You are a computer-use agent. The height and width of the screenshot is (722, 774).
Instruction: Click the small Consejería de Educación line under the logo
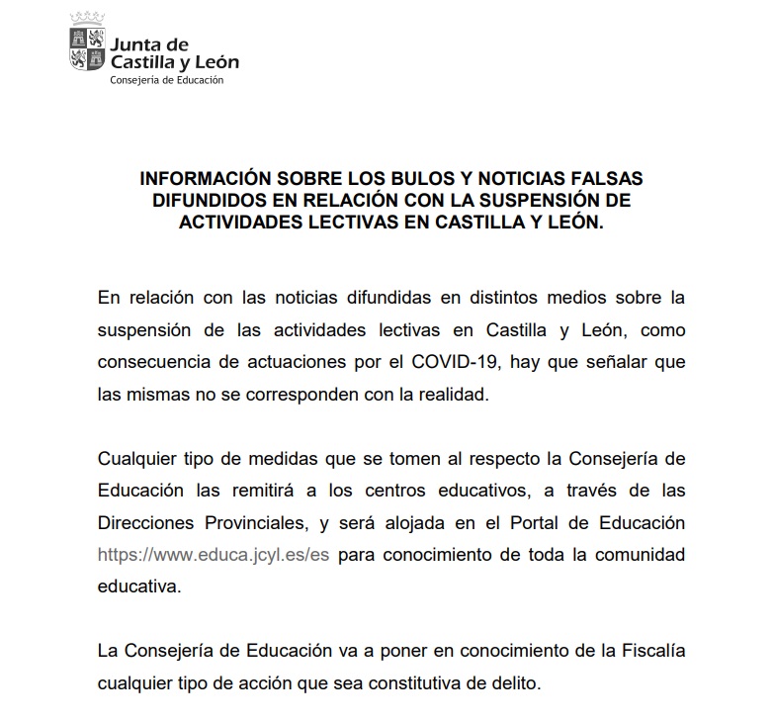[167, 80]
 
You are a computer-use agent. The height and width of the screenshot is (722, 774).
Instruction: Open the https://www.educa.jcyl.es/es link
[213, 555]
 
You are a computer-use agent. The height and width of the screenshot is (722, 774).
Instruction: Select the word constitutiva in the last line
[396, 683]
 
